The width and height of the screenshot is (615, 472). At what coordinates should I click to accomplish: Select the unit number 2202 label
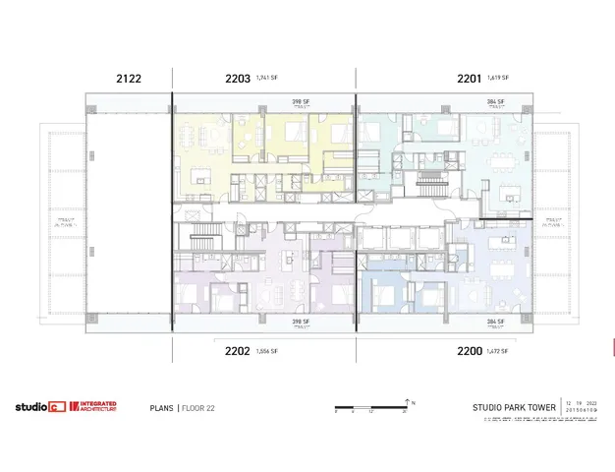click(x=236, y=350)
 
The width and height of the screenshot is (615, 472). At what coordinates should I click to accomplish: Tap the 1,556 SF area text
click(x=266, y=351)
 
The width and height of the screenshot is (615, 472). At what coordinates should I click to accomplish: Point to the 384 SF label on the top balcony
click(x=495, y=100)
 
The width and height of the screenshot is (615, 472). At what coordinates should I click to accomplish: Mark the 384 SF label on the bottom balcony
click(x=495, y=321)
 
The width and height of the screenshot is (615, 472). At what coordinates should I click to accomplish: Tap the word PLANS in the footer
click(x=162, y=407)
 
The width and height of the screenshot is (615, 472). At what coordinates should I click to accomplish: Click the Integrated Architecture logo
click(x=93, y=406)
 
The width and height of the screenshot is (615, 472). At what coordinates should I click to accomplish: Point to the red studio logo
click(x=39, y=406)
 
